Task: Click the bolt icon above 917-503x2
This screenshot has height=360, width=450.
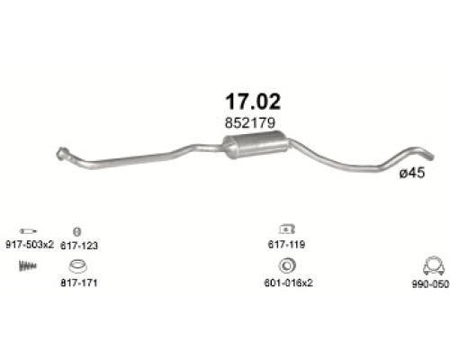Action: point(28,230)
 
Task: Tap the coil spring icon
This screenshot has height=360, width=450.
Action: point(30,265)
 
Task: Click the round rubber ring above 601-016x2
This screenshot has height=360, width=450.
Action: point(287,265)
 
